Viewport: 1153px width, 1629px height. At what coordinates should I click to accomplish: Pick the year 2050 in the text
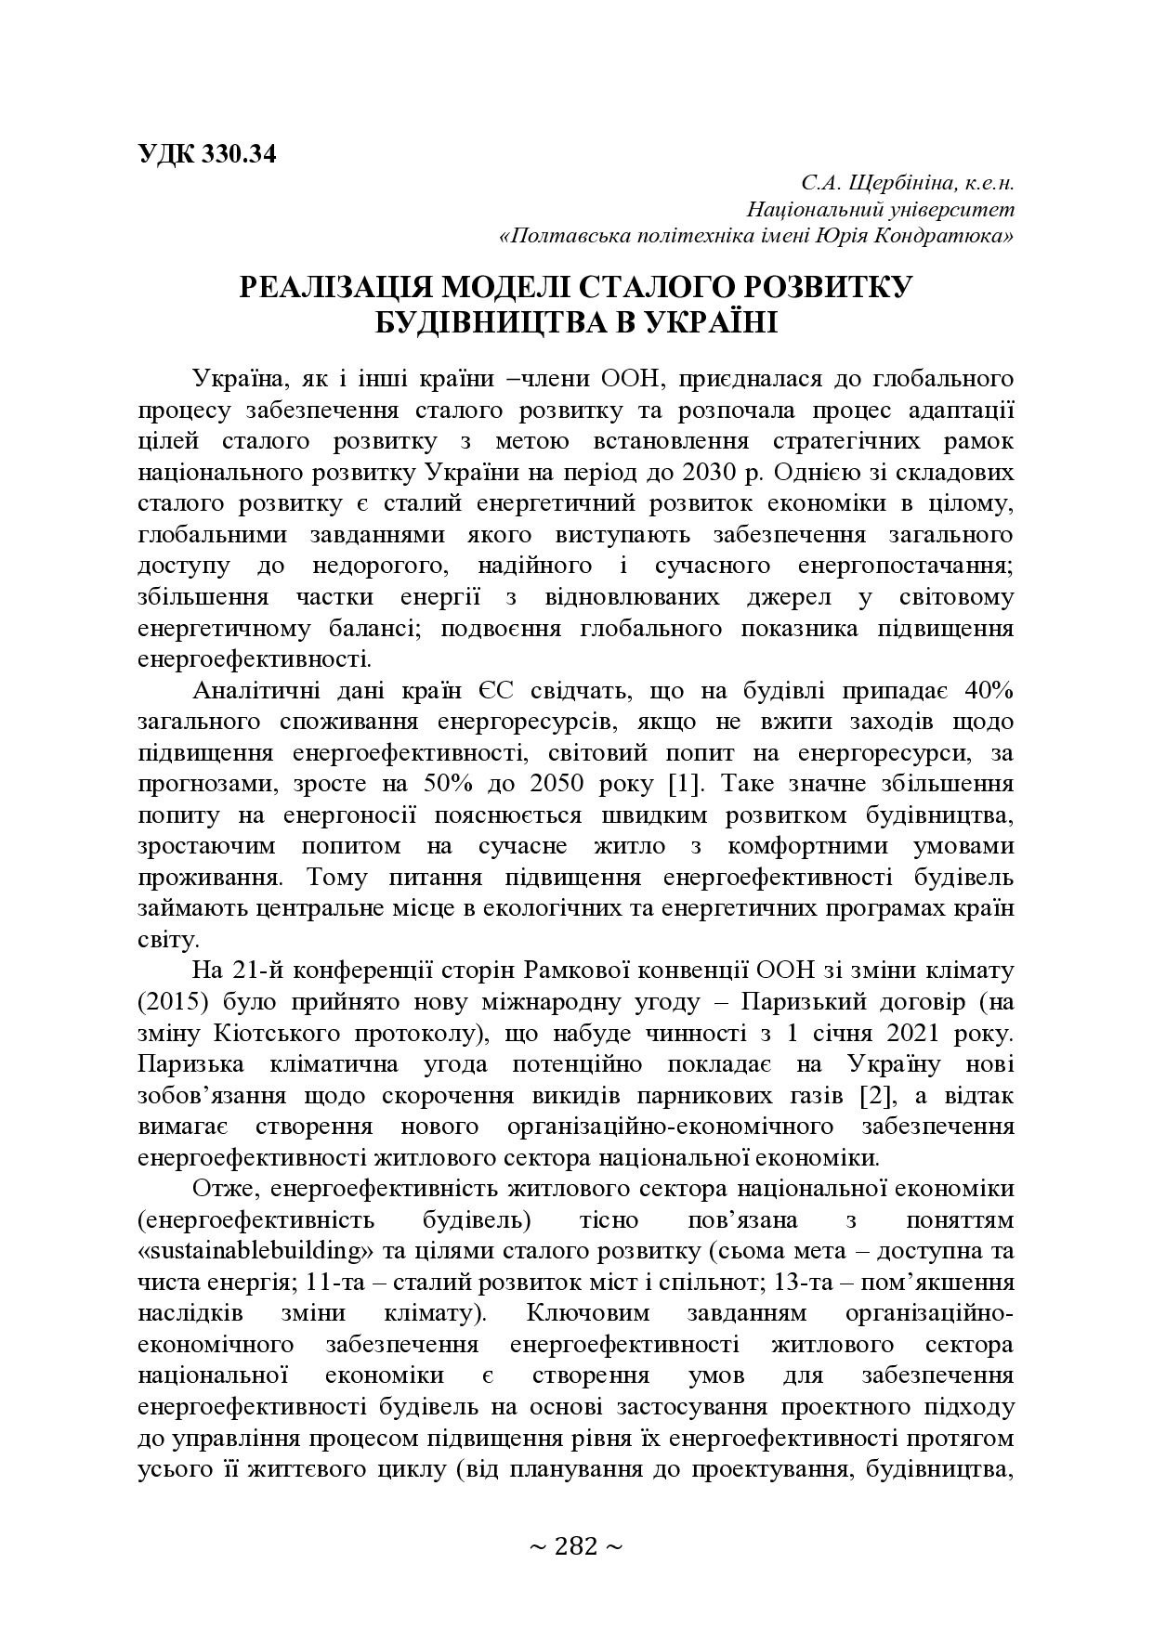point(557,783)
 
